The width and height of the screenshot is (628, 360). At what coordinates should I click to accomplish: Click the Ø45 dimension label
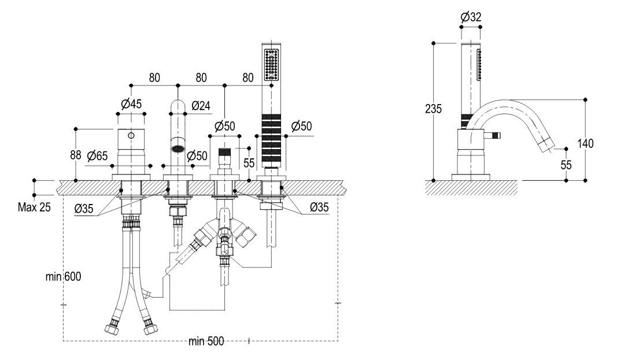pyautogui.click(x=132, y=104)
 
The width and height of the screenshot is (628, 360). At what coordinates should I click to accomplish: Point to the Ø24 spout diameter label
pyautogui.click(x=200, y=105)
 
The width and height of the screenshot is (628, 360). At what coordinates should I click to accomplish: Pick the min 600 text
pyautogui.click(x=64, y=277)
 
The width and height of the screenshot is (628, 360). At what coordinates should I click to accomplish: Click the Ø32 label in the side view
pyautogui.click(x=471, y=18)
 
